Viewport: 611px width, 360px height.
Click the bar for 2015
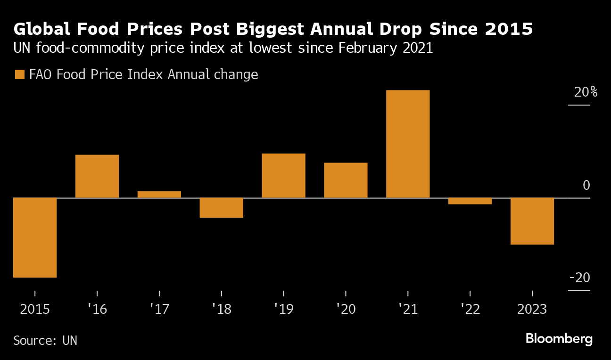coord(35,237)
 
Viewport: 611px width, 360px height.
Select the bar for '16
coord(97,176)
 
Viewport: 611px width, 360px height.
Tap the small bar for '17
coord(159,194)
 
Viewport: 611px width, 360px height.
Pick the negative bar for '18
coord(221,208)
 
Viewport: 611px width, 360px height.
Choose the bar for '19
coord(283,176)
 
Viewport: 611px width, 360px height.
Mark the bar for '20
coord(346,180)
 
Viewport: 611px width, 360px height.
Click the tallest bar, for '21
coord(408,144)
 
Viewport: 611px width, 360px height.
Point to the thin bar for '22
coord(470,201)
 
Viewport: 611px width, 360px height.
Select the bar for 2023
coord(532,221)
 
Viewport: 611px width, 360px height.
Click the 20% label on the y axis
coord(586,92)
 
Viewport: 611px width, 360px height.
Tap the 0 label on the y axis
coord(586,185)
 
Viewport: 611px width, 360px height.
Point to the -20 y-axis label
coord(580,278)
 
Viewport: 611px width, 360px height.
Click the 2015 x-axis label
coord(35,310)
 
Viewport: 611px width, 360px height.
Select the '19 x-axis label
coord(284,310)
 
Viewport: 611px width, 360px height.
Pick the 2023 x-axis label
coord(532,310)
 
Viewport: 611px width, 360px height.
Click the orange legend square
coord(20,75)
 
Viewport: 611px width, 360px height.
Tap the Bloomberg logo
coord(559,339)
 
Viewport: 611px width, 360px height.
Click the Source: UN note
coord(45,341)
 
